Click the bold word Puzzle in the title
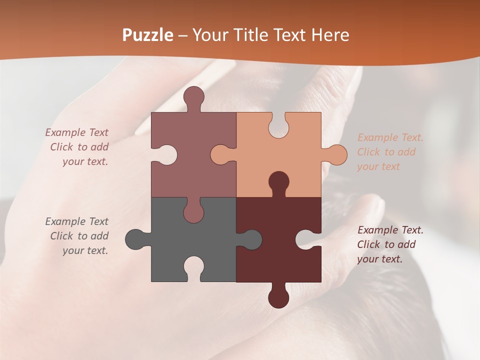click(148, 35)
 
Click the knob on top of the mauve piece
click(193, 97)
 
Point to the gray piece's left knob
click(136, 239)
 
